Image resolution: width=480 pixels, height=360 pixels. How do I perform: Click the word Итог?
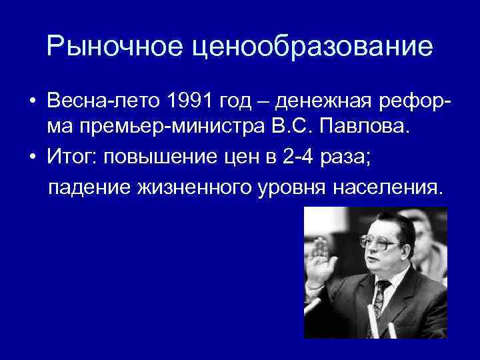[69, 157]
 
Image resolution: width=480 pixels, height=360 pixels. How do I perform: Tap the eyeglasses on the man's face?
[378, 241]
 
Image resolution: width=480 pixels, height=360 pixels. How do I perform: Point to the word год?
[236, 101]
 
